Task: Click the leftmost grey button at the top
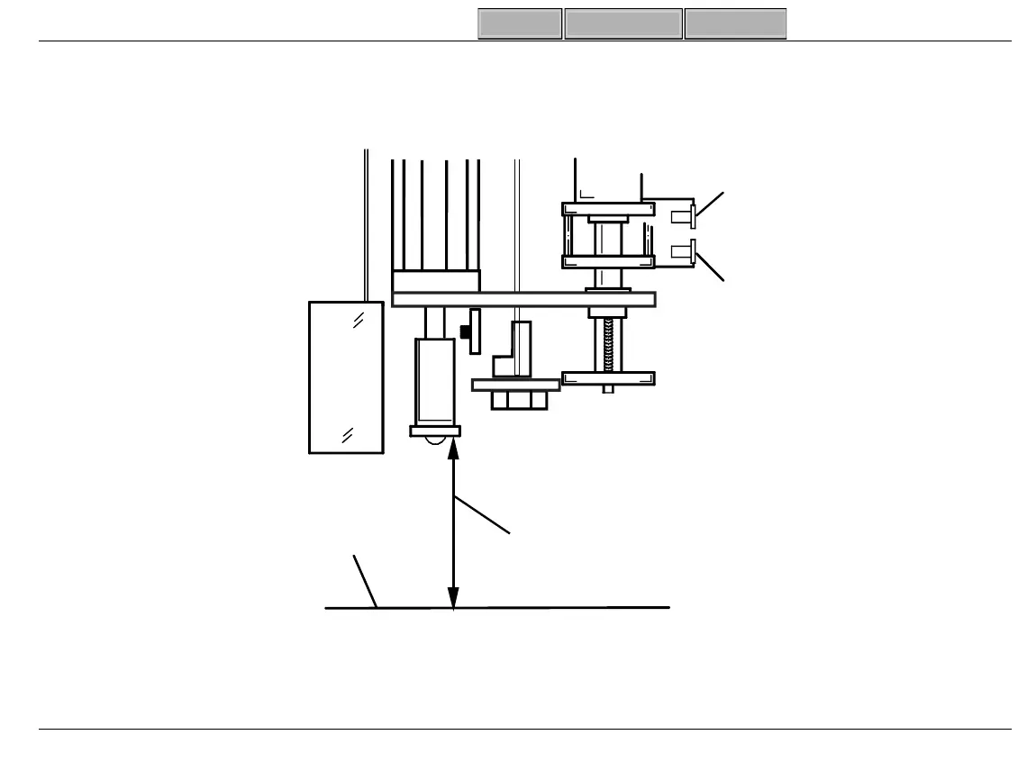[x=520, y=24]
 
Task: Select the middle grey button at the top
[x=623, y=24]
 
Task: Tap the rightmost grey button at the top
[x=735, y=24]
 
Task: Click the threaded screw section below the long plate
[x=608, y=343]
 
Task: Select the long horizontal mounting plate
[x=523, y=299]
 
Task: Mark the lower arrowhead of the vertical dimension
[x=453, y=597]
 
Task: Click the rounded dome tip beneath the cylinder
[x=436, y=440]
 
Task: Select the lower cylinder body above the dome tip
[x=434, y=380]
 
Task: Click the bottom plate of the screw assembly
[x=608, y=378]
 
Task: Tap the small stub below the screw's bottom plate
[x=609, y=389]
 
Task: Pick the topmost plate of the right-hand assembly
[x=608, y=209]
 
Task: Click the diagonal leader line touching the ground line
[x=365, y=582]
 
